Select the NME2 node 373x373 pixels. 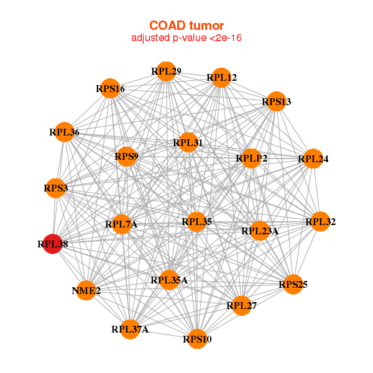87,290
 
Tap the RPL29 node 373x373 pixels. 165,71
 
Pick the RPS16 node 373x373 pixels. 111,89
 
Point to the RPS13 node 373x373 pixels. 275,101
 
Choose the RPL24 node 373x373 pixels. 313,159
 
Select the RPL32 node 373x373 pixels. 320,221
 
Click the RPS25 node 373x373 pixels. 293,285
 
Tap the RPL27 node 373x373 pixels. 242,305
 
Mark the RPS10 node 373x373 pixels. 197,339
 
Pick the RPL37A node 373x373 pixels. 131,329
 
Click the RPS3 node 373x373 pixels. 56,188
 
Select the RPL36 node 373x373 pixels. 65,132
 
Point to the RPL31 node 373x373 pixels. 188,143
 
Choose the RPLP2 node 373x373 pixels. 252,159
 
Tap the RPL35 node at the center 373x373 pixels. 196,221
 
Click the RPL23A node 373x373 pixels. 260,231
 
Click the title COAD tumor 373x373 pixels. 186,25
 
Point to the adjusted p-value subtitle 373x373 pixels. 186,38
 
